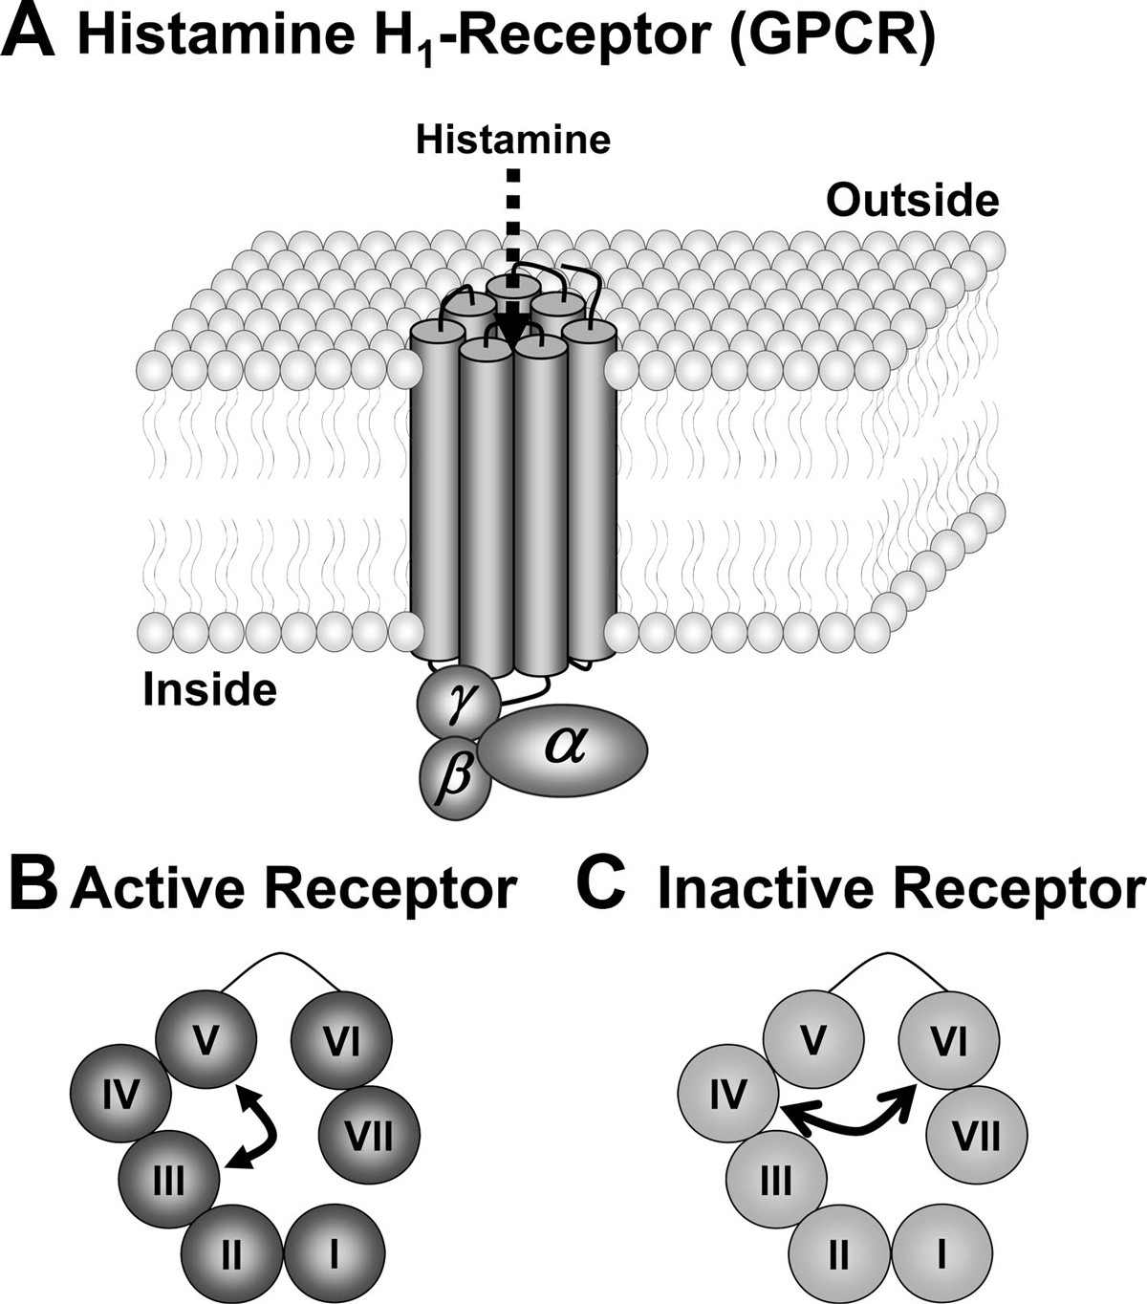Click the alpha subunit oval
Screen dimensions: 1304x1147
(564, 750)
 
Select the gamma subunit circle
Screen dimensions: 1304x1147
(457, 706)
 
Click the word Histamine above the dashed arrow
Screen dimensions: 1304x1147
(513, 141)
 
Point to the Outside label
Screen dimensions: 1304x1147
(913, 201)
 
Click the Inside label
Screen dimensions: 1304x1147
(210, 688)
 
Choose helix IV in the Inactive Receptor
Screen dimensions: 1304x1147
(726, 1093)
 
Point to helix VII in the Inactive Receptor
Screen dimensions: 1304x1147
(977, 1138)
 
